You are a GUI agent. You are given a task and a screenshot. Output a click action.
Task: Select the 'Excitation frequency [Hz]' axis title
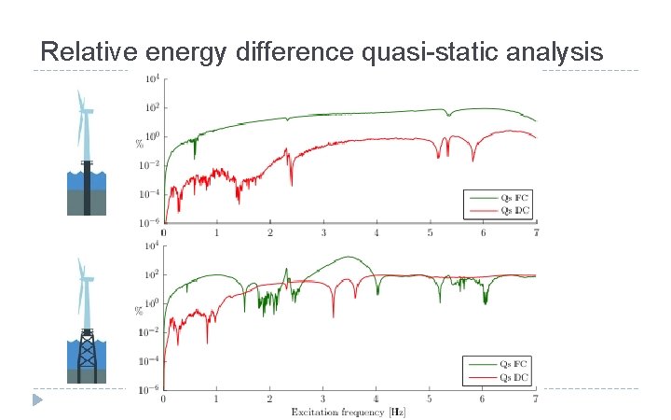click(349, 412)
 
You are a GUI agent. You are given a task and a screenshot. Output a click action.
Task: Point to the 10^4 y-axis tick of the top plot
click(151, 78)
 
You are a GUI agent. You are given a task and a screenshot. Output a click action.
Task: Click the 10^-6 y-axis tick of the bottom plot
click(151, 388)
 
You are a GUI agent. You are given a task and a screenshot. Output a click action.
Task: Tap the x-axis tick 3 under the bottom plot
click(323, 399)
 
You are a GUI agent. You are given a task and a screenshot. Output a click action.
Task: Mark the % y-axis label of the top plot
click(140, 143)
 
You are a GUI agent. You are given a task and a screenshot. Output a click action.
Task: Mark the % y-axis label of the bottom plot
click(140, 309)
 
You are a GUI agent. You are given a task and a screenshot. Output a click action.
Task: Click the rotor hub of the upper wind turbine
click(86, 111)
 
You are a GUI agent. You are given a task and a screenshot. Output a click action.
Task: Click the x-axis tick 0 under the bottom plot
click(164, 399)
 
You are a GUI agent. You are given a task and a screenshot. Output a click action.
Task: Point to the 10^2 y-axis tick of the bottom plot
click(151, 274)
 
